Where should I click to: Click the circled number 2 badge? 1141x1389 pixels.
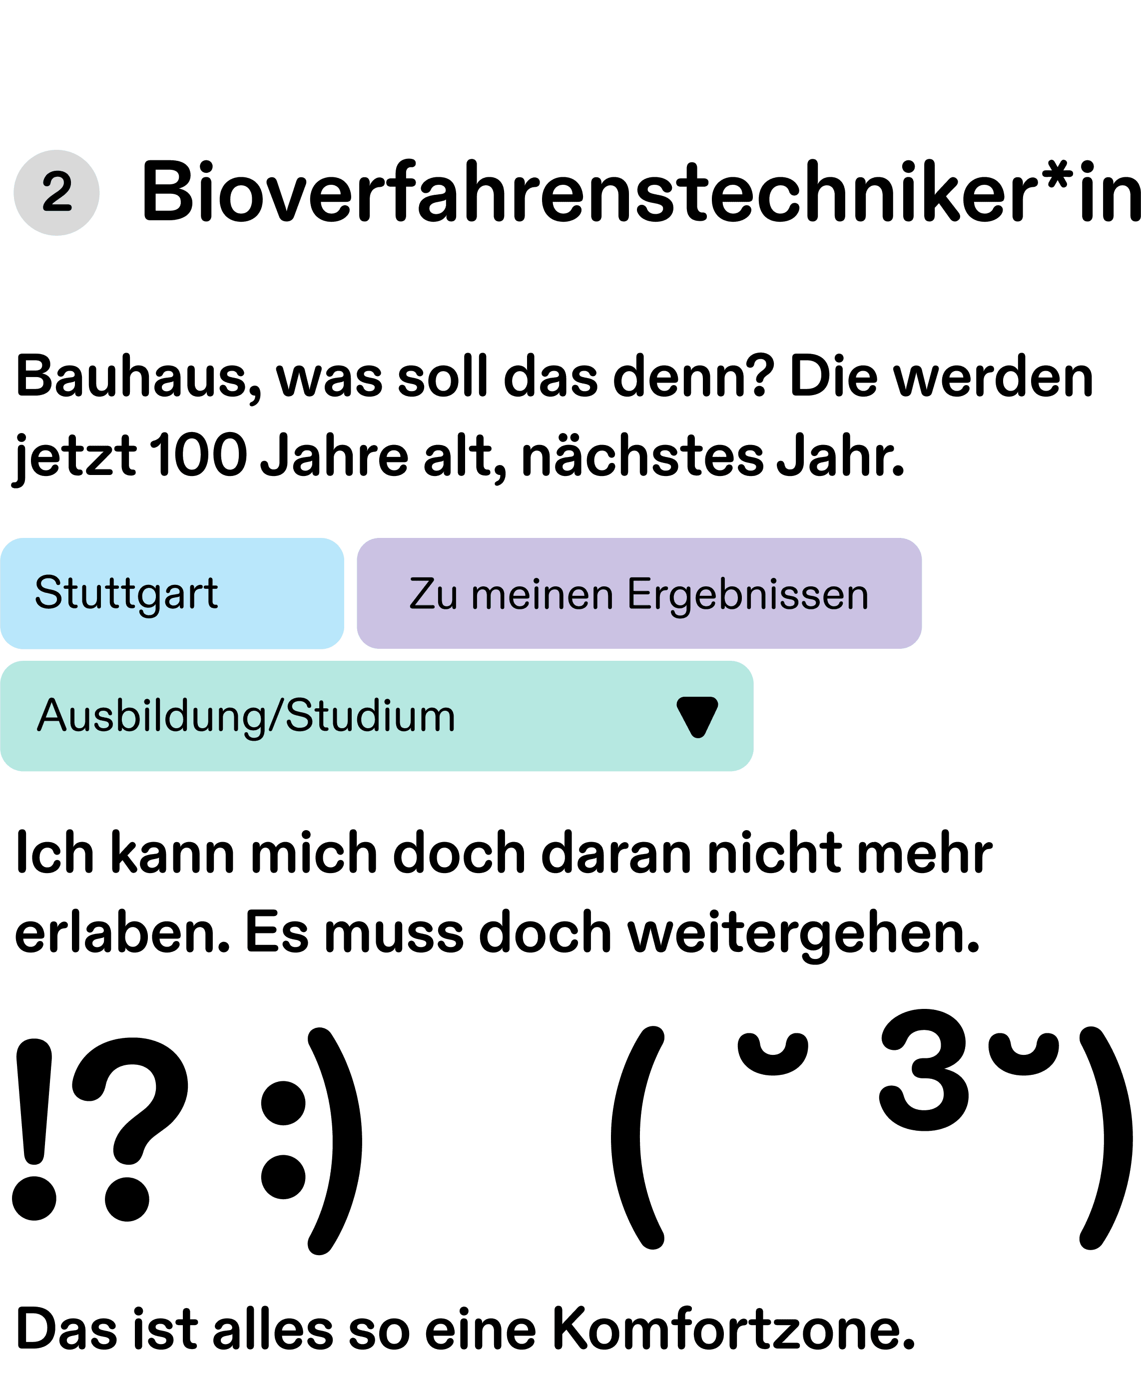click(56, 192)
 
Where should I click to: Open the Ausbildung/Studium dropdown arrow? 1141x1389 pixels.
click(697, 716)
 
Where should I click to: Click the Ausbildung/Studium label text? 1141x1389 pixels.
click(246, 716)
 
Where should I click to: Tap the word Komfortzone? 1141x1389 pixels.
click(733, 1329)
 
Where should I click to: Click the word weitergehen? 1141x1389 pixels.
click(804, 933)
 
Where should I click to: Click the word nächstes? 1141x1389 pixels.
click(642, 456)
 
